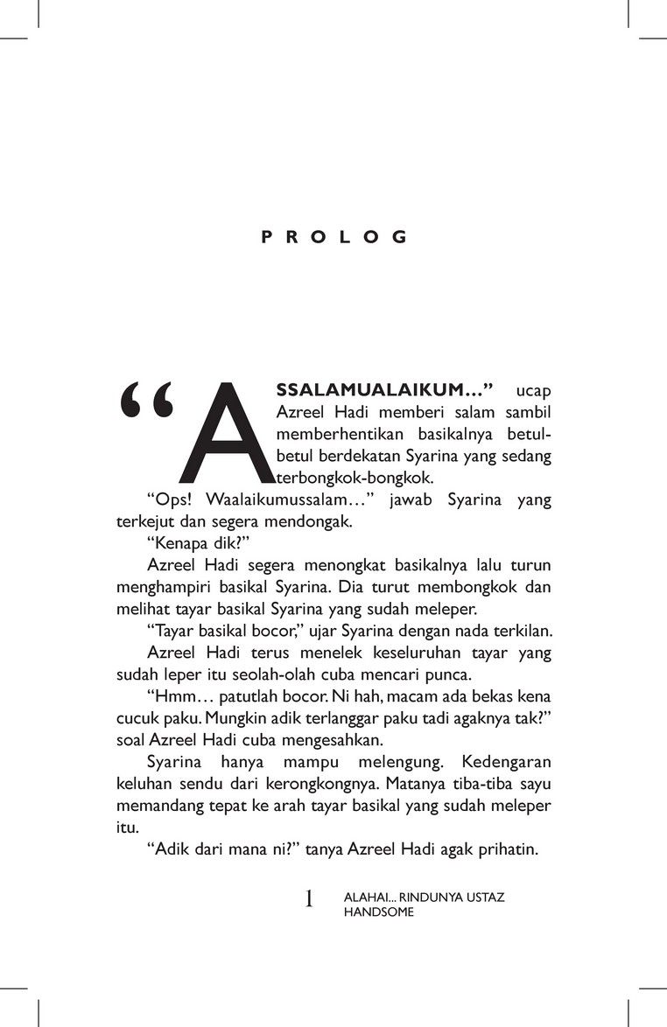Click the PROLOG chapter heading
334,237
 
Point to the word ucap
534,388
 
